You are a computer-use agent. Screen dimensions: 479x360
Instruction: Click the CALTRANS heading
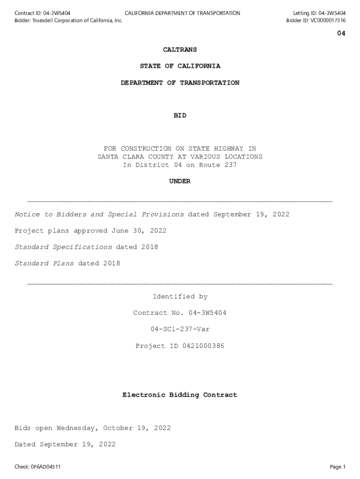pyautogui.click(x=180, y=50)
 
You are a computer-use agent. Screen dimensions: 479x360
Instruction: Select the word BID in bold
pyautogui.click(x=180, y=116)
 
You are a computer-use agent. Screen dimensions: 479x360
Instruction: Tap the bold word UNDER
pyautogui.click(x=180, y=181)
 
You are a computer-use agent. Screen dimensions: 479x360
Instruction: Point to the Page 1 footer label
pyautogui.click(x=338, y=467)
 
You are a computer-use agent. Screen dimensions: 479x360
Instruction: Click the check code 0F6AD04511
pyautogui.click(x=46, y=467)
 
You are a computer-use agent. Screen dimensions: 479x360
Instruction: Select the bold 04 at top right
pyautogui.click(x=341, y=33)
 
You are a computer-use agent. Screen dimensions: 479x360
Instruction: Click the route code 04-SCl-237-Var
pyautogui.click(x=180, y=329)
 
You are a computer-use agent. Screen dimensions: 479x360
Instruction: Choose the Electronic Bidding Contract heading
pyautogui.click(x=180, y=395)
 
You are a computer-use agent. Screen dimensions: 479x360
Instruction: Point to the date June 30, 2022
pyautogui.click(x=138, y=231)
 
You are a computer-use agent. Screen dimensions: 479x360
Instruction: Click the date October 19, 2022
pyautogui.click(x=139, y=428)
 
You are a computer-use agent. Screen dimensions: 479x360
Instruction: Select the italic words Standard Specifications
pyautogui.click(x=63, y=247)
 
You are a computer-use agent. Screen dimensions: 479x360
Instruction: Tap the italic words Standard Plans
pyautogui.click(x=44, y=264)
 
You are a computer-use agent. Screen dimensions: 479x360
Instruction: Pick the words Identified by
pyautogui.click(x=180, y=297)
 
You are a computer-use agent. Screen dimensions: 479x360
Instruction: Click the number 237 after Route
pyautogui.click(x=230, y=165)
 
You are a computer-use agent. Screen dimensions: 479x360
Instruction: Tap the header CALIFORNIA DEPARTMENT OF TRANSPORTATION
pyautogui.click(x=182, y=13)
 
